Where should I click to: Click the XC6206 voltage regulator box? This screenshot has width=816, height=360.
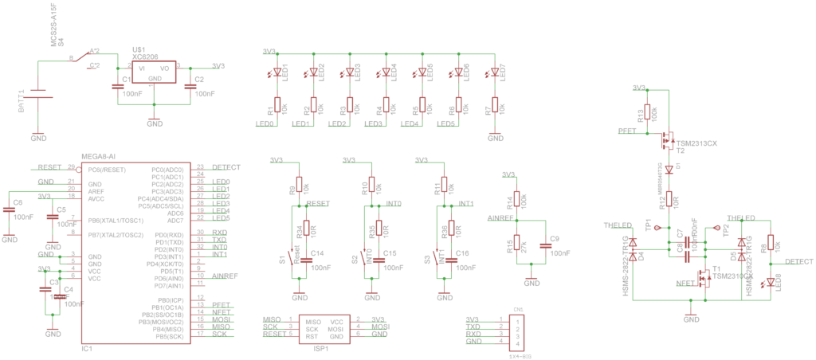[155, 73]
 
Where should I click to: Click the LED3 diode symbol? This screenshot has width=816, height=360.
[349, 72]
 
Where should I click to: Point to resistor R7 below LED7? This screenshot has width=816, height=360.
[495, 105]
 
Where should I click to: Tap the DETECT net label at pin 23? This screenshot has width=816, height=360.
[226, 166]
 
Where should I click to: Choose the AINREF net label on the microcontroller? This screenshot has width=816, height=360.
[226, 276]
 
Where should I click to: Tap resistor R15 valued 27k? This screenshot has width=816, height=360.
[516, 243]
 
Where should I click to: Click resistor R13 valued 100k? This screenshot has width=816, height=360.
[647, 113]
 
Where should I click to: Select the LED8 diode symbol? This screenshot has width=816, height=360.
[771, 282]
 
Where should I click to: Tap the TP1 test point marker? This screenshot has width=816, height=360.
[657, 228]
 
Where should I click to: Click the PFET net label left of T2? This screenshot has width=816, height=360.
[627, 131]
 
